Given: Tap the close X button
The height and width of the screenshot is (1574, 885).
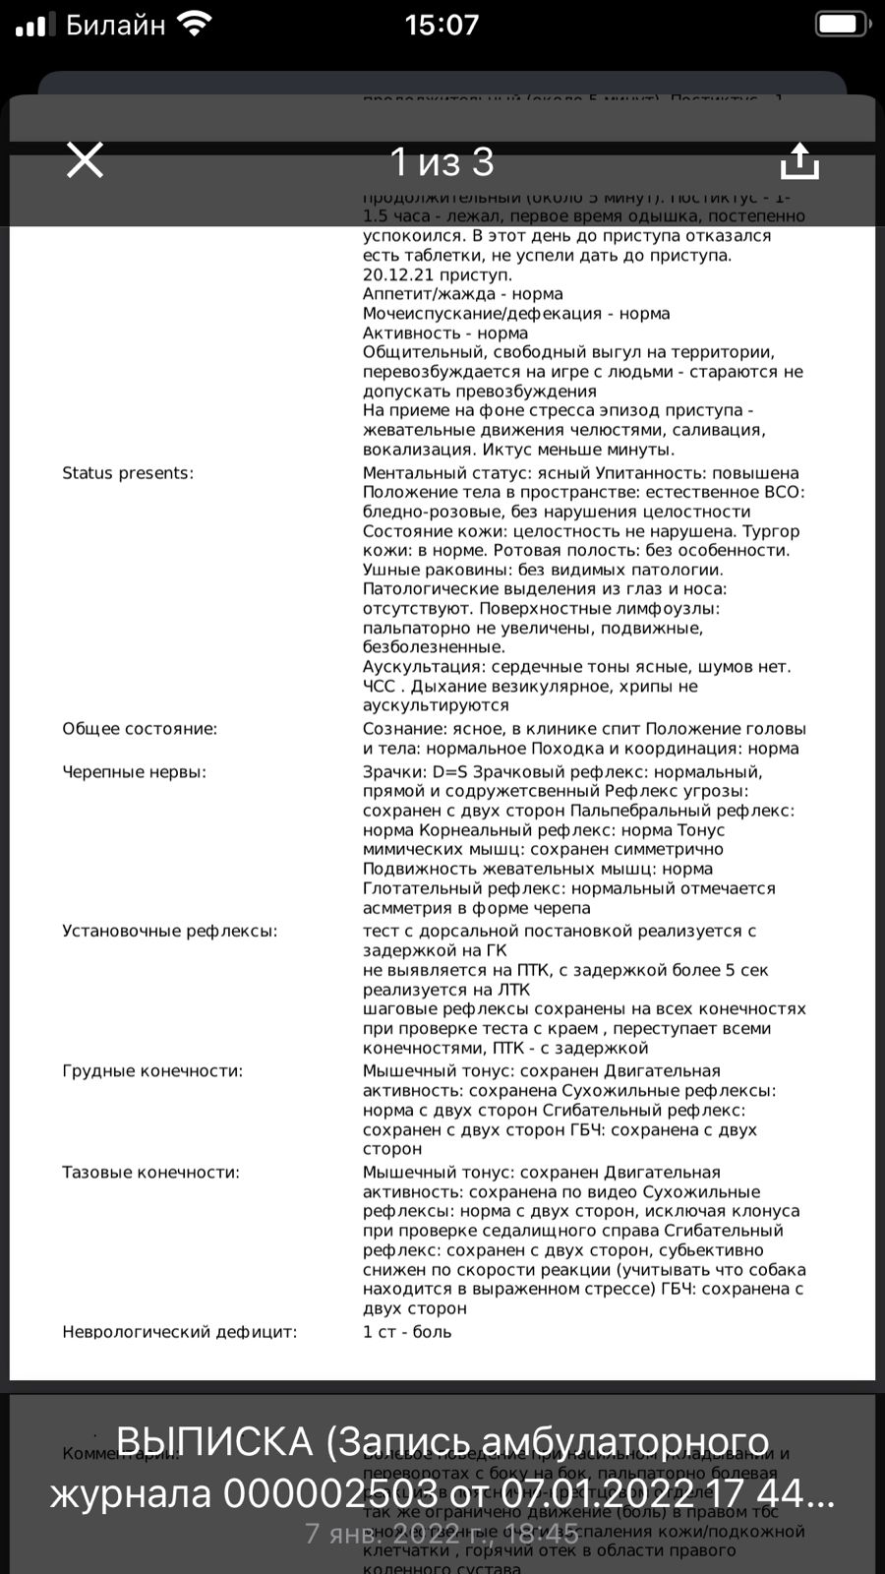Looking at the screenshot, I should (85, 160).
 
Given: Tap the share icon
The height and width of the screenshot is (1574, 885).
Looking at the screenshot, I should (799, 161).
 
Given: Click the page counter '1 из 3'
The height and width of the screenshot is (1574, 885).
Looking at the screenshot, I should (442, 162).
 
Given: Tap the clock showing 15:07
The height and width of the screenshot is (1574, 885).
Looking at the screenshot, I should (442, 25).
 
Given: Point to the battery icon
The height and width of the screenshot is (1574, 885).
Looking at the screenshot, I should (842, 25).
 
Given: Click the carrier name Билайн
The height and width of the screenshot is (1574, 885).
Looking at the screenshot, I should (115, 26).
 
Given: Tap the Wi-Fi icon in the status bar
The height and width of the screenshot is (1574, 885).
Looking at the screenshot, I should (197, 25).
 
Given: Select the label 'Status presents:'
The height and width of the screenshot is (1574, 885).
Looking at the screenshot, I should (128, 473).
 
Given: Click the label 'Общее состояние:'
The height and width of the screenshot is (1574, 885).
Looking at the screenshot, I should (140, 729).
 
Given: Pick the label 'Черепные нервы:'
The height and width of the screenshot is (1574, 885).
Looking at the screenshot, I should (135, 772).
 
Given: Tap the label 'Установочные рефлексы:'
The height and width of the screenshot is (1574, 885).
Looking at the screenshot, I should (170, 931).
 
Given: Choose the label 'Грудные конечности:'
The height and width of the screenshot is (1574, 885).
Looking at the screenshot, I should (152, 1071).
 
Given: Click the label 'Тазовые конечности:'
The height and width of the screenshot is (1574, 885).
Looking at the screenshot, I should (150, 1173).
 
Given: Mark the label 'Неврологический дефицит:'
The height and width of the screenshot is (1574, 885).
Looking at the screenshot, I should (179, 1332).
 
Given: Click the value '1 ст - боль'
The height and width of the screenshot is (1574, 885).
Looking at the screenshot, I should (407, 1332).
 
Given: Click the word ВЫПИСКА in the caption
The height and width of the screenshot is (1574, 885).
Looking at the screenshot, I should (214, 1442).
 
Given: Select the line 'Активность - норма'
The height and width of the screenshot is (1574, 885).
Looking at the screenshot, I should (445, 333).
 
